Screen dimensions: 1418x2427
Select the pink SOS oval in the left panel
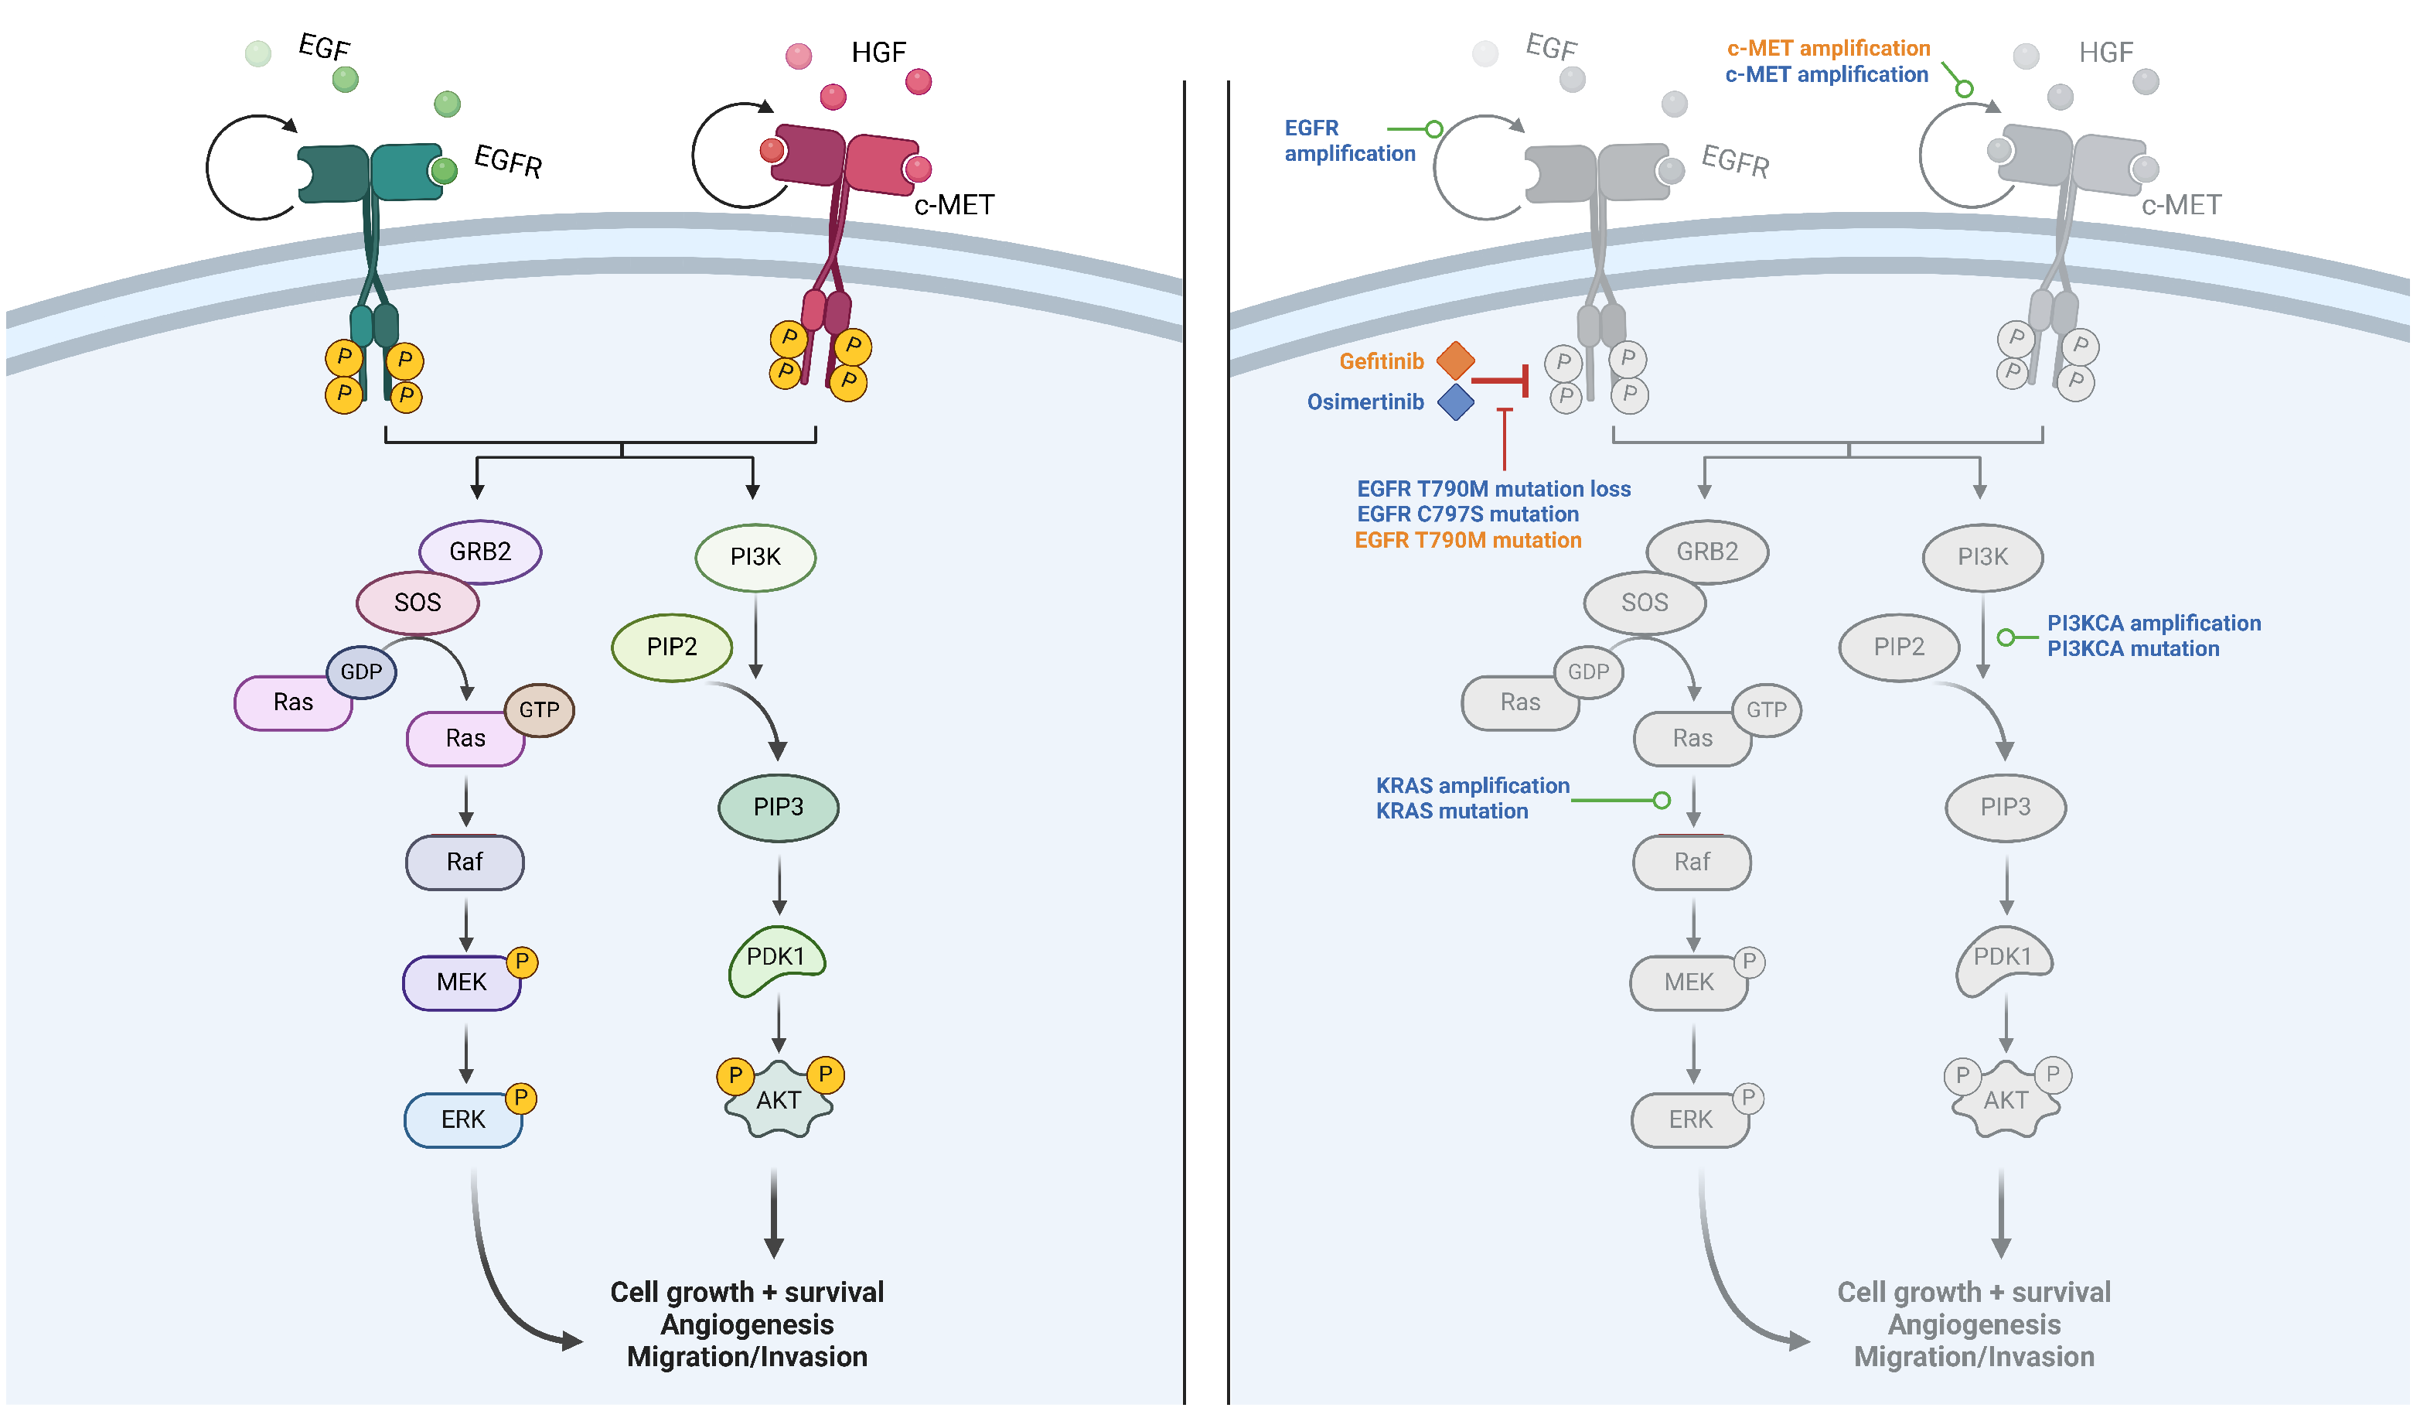(x=417, y=602)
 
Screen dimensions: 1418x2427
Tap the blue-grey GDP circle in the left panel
(x=361, y=671)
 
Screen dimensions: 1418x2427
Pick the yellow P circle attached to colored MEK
(x=521, y=962)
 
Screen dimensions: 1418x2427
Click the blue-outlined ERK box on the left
(x=462, y=1119)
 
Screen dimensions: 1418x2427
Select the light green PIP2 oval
(x=671, y=647)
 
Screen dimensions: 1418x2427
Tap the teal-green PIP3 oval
(x=778, y=806)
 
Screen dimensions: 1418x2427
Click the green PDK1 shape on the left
(x=775, y=958)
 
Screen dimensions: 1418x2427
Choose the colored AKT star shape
(x=778, y=1100)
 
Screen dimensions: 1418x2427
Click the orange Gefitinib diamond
(x=1454, y=360)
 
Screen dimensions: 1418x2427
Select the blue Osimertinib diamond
(x=1454, y=401)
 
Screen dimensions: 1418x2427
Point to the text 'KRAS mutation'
(x=1451, y=811)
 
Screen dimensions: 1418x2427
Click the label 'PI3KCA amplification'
(x=2153, y=624)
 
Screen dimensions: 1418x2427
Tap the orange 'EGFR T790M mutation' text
(x=1467, y=541)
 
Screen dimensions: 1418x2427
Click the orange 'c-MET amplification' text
(x=1828, y=48)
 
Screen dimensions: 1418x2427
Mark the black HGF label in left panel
(x=878, y=52)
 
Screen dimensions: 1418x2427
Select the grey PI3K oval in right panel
(x=1982, y=557)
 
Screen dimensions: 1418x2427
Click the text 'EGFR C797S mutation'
(x=1467, y=514)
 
